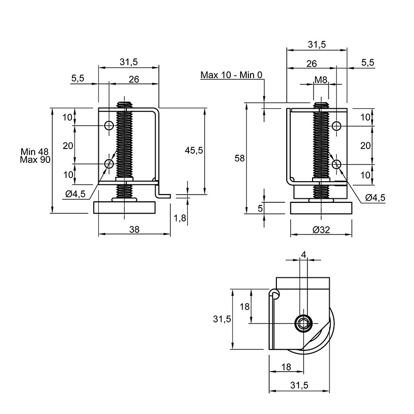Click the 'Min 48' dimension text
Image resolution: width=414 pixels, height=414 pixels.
coord(35,152)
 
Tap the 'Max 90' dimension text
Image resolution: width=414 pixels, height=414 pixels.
coord(35,160)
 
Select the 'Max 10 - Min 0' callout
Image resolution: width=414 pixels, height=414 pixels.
coord(231,75)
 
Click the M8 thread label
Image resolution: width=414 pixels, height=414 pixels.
coord(321,80)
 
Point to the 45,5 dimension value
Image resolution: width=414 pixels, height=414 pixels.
coord(194,151)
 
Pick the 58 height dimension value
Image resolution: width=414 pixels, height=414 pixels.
coord(240,158)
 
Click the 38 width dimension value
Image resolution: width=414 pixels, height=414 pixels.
coord(134,229)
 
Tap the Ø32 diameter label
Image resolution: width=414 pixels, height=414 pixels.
coord(321,230)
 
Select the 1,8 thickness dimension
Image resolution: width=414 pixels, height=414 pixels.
coord(180,218)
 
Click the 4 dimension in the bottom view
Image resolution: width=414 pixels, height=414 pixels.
coord(303,255)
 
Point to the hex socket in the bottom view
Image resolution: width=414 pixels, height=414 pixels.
coord(303,323)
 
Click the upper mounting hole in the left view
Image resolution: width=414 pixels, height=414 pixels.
coord(109,125)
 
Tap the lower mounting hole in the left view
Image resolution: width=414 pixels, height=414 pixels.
coord(109,164)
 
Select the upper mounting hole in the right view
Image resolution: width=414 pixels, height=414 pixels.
coord(336,126)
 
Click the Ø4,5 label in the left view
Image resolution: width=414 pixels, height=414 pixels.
coord(76,195)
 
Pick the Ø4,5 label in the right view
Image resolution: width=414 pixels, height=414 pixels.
coord(375,198)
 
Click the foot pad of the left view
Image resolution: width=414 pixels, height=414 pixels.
coord(124,208)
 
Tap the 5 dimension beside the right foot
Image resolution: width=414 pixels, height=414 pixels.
coord(260,209)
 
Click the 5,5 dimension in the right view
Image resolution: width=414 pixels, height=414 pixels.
coord(368,63)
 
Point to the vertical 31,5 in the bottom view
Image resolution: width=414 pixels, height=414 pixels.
coord(222,319)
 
